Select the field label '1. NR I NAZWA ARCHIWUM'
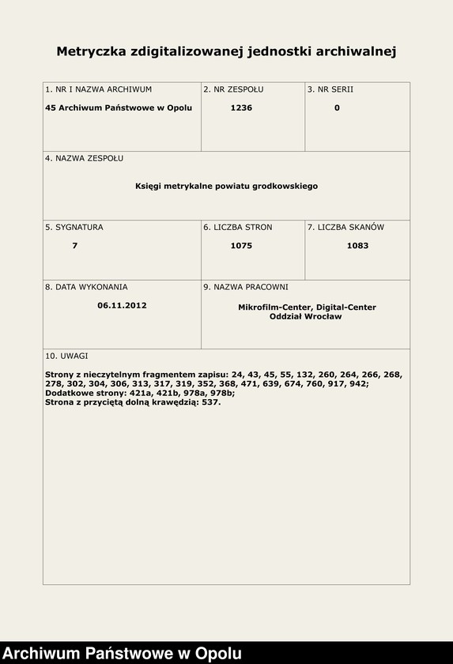point(98,89)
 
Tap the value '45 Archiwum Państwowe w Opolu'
point(119,108)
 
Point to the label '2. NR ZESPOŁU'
point(233,89)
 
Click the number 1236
point(241,108)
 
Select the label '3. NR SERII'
point(330,89)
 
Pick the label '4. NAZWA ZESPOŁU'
point(84,158)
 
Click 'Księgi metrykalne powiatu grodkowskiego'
point(226,186)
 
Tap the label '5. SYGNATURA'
point(74,227)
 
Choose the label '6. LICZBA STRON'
point(237,227)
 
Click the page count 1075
point(241,246)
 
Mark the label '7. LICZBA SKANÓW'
point(345,227)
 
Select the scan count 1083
point(357,246)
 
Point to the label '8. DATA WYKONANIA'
point(86,287)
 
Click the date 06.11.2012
point(122,305)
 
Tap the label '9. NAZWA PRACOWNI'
point(245,287)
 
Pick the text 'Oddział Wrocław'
point(307,316)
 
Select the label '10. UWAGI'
point(66,356)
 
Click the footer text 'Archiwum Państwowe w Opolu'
point(123,654)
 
